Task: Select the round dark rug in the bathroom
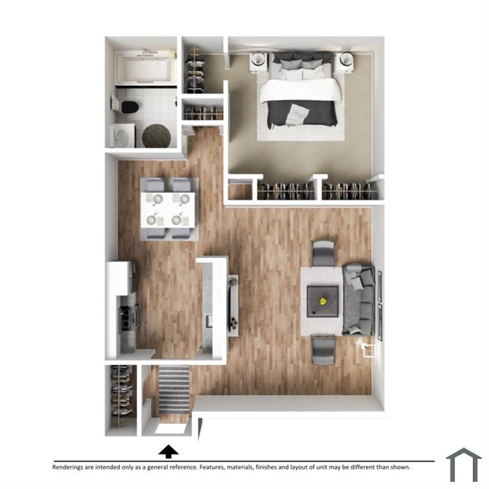156,136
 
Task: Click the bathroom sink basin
122,136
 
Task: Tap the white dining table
168,210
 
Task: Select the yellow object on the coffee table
323,301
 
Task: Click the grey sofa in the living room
358,300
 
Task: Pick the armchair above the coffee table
323,253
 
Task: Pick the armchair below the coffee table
323,350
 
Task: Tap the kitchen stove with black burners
126,318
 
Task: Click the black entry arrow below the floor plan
168,451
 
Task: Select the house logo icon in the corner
464,465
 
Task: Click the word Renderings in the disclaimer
68,467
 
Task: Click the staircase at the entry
174,390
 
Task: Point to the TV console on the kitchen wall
233,306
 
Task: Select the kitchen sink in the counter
209,321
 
